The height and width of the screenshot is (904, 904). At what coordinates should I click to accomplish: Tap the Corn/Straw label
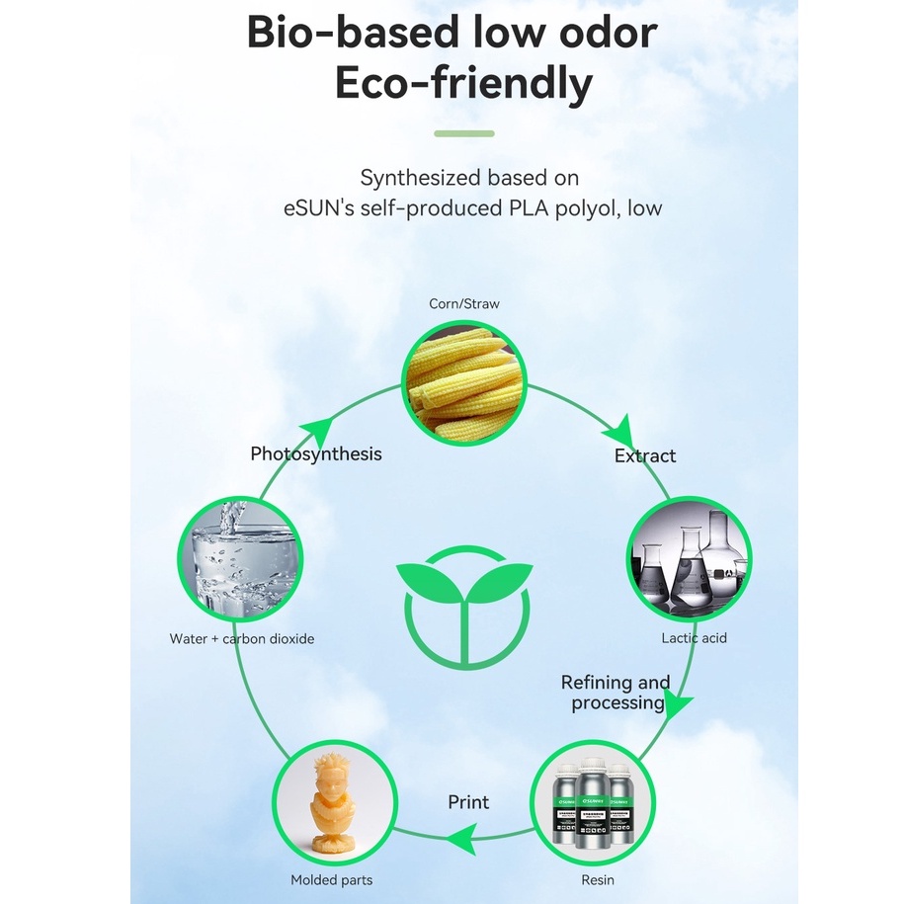pos(463,303)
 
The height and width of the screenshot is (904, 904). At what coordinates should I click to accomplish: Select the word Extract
pos(645,455)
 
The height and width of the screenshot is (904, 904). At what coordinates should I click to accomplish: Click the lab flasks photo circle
pos(689,559)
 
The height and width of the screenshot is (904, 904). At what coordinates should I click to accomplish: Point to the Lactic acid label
pos(694,638)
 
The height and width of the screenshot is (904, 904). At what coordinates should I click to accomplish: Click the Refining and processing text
pos(616,693)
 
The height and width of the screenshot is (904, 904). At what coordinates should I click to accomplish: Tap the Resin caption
pos(597,880)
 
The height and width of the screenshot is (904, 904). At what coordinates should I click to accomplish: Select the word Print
pos(468,801)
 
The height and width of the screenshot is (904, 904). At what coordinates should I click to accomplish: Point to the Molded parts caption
pos(332,880)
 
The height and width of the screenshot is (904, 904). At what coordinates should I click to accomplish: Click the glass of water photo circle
pos(239,559)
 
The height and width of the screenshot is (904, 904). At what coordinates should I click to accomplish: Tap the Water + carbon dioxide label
pos(242,639)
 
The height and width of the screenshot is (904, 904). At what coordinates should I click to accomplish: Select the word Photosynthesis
pos(315,453)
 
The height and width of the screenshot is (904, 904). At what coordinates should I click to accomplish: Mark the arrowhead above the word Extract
pos(618,432)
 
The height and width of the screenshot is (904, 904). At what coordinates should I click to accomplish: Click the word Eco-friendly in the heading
pos(463,83)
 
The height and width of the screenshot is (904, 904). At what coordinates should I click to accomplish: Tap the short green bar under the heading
pos(463,133)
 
